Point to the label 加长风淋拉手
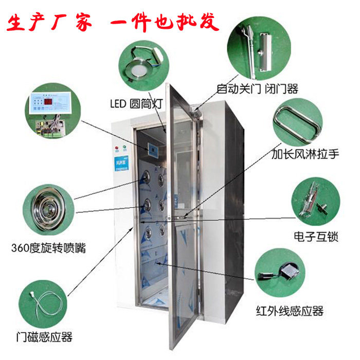pos(305,153)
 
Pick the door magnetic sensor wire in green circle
pos(44,304)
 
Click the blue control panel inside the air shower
pos(154,150)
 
